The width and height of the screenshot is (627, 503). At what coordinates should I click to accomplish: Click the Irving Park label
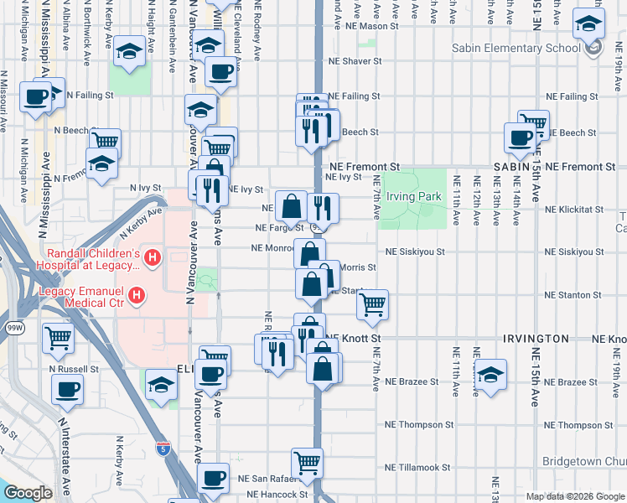pos(413,197)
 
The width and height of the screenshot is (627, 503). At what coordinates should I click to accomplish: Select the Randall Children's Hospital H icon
pos(151,257)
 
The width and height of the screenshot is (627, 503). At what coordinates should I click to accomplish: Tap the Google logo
pos(28,493)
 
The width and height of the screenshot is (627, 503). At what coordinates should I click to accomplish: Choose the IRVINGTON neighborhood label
pos(536,339)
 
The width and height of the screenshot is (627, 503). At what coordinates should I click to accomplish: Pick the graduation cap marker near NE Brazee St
pos(490,372)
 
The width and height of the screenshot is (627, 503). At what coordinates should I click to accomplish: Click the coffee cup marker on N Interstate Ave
pos(67,388)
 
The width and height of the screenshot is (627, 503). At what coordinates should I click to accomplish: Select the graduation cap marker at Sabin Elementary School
pos(588,24)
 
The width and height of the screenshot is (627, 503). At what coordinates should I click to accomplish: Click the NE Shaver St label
pos(355,61)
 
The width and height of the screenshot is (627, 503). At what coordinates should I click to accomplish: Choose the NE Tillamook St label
pos(417,468)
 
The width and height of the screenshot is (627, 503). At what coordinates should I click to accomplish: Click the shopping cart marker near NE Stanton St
pos(372,304)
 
